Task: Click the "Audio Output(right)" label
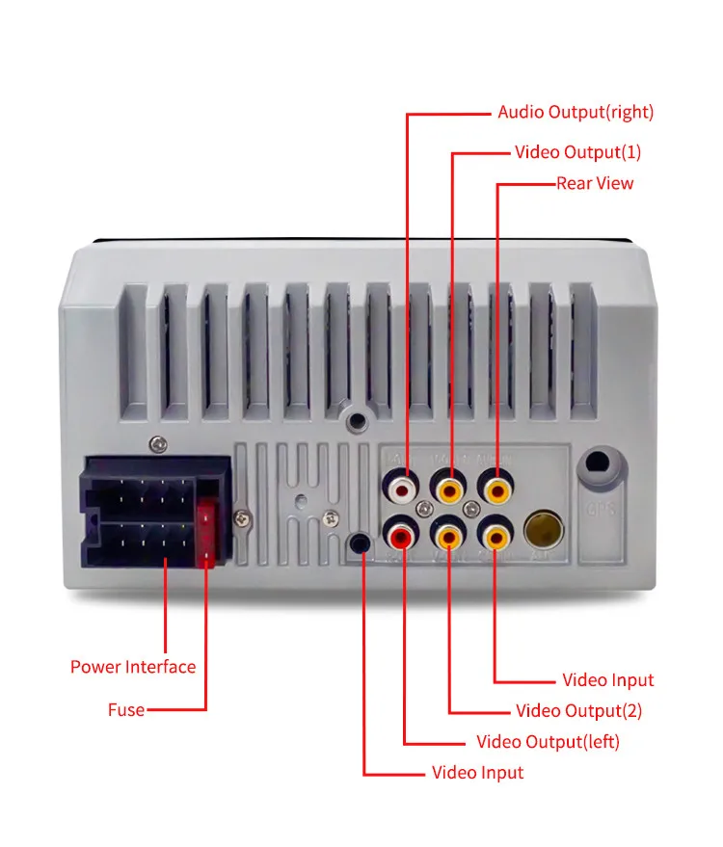point(576,113)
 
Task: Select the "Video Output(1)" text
point(577,152)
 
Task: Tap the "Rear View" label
point(595,183)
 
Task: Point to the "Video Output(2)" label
point(578,711)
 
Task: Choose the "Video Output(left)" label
point(548,742)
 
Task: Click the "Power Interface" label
point(133,667)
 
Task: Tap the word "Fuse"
point(126,710)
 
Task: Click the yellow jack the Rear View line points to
point(496,490)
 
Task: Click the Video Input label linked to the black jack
point(477,773)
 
